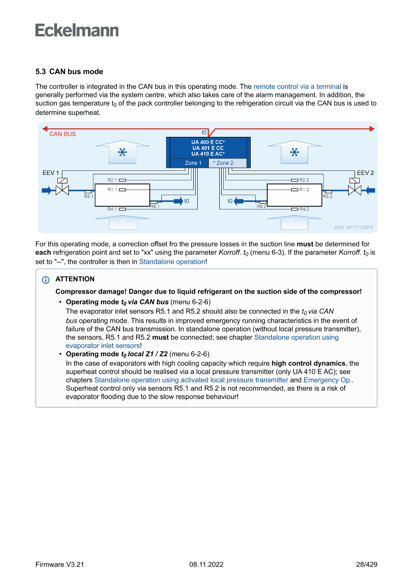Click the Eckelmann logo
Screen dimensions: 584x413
77,30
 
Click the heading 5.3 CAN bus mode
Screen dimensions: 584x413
69,72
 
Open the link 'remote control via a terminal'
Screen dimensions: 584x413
297,86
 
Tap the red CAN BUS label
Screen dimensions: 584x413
62,134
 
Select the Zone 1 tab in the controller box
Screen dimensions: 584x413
193,163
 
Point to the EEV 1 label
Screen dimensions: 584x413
50,173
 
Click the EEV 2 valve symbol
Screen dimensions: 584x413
355,189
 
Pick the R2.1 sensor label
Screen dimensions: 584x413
112,180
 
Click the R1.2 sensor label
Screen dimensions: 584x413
304,190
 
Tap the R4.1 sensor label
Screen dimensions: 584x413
112,209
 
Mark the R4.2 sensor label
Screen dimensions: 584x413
304,209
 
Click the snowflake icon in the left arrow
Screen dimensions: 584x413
121,152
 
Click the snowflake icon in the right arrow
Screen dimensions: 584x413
295,152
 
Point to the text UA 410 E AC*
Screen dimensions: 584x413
208,154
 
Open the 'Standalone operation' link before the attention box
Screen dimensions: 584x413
172,261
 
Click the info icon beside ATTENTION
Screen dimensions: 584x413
46,279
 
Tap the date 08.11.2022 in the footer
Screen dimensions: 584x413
206,565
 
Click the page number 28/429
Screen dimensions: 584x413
367,565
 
